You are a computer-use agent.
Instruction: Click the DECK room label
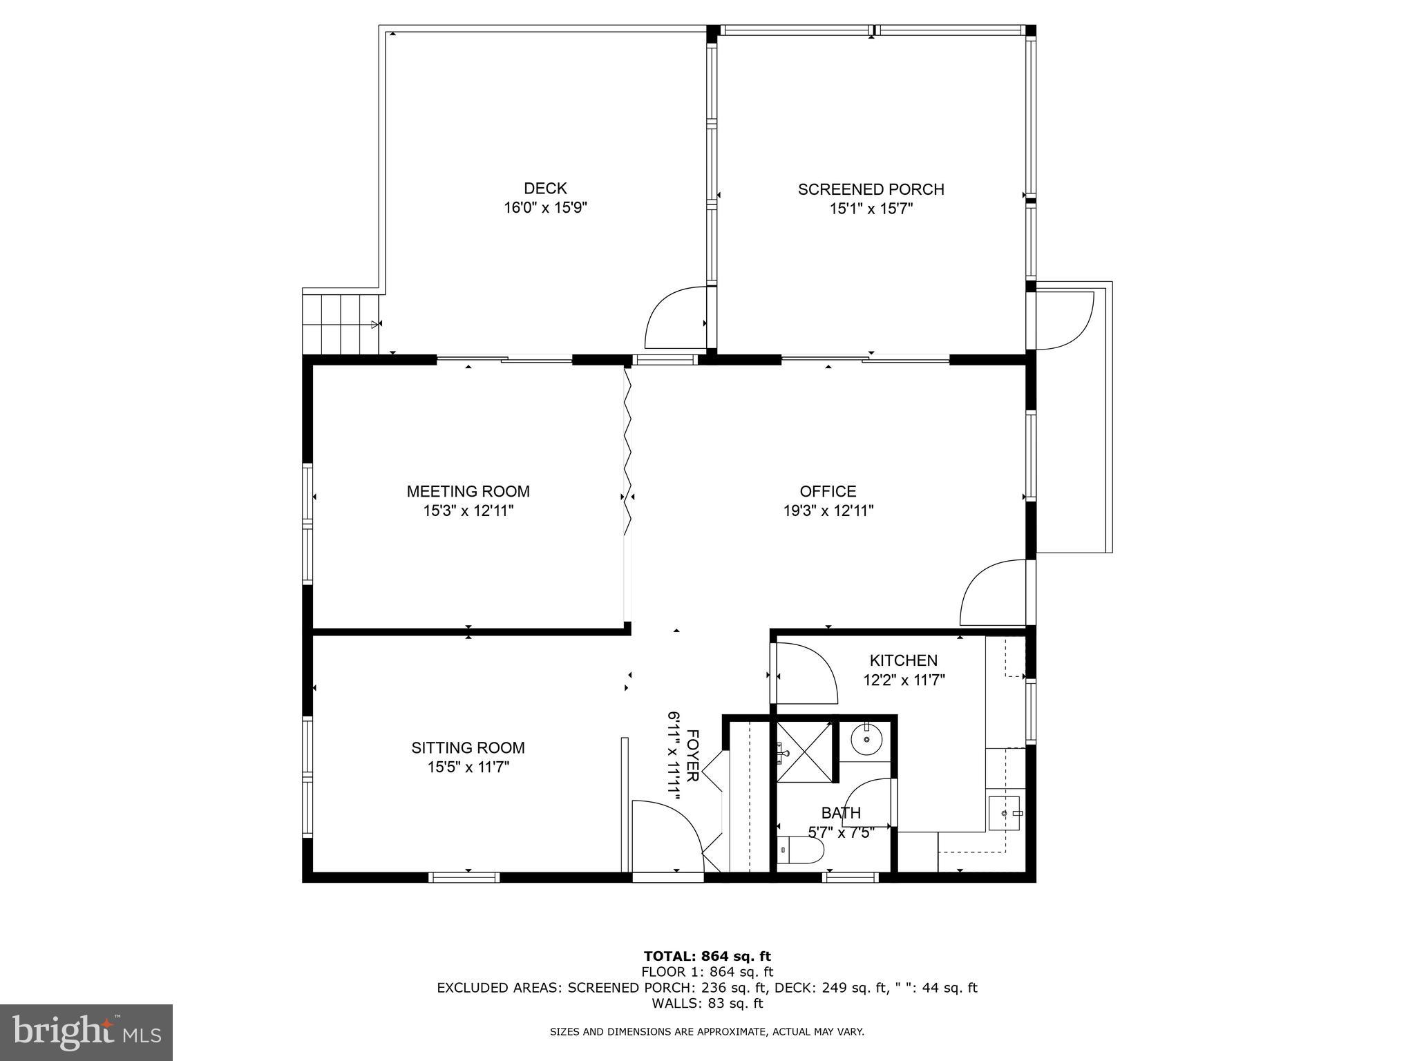click(x=545, y=189)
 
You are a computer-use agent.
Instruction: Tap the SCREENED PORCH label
click(x=871, y=189)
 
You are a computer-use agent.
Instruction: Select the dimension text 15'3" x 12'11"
click(x=468, y=511)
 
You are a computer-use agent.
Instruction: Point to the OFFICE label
click(x=828, y=491)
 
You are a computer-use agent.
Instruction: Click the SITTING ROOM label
click(x=468, y=747)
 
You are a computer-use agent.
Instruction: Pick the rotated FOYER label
click(x=693, y=756)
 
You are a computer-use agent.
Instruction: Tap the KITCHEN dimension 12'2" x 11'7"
click(x=904, y=680)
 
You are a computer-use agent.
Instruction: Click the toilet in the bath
click(x=800, y=851)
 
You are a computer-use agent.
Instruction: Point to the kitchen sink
click(x=1004, y=812)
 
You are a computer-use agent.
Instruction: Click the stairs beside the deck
click(x=341, y=323)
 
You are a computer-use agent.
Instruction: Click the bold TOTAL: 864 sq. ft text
click(x=707, y=957)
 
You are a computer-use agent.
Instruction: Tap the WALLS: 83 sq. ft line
click(x=707, y=1003)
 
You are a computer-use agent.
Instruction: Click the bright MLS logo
click(x=86, y=1032)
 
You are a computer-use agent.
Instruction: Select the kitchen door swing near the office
click(x=804, y=671)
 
